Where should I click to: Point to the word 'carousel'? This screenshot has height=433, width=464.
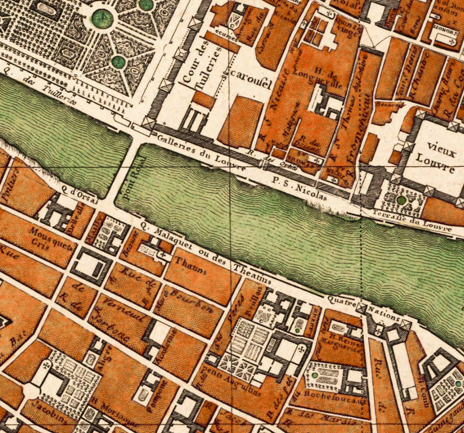coord(251,82)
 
